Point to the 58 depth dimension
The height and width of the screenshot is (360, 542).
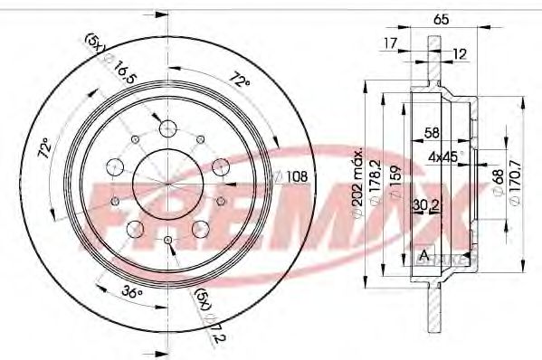click(432, 133)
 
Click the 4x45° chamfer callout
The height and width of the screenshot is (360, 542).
click(444, 156)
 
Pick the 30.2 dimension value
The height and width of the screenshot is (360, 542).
click(421, 206)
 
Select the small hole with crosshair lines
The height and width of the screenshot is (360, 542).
click(169, 238)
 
